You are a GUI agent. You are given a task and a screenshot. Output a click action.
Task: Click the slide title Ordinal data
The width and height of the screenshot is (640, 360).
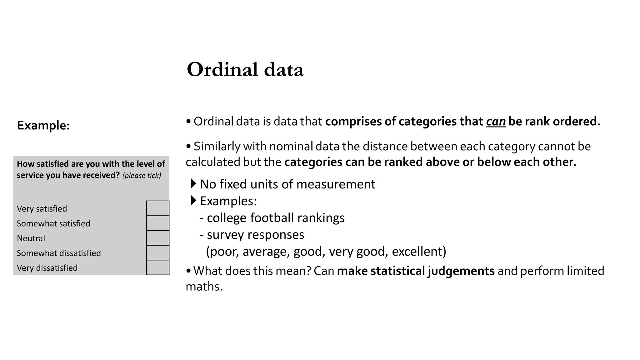(x=245, y=69)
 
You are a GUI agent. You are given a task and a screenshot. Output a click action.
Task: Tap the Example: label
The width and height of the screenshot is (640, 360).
(x=43, y=125)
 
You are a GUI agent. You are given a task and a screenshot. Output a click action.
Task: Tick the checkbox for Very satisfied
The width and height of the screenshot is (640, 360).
(x=157, y=208)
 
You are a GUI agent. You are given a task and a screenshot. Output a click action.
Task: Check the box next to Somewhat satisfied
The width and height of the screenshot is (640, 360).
(x=157, y=223)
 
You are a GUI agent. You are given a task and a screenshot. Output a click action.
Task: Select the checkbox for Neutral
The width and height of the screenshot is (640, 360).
(x=157, y=238)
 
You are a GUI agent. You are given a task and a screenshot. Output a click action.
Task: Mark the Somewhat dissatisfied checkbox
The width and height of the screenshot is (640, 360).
(x=157, y=252)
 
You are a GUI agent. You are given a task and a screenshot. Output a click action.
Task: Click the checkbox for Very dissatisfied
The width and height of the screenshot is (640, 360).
(x=157, y=267)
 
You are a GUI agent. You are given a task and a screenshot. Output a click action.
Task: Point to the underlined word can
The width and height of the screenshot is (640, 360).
(x=496, y=122)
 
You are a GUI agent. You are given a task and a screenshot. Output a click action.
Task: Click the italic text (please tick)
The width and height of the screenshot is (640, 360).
(x=142, y=176)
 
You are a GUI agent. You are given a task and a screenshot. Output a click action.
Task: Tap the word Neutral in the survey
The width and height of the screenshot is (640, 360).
(x=31, y=238)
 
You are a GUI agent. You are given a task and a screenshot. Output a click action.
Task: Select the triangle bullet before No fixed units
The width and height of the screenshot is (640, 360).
(x=194, y=183)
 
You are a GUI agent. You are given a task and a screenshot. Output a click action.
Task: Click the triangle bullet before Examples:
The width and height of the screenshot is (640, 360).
(x=194, y=200)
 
